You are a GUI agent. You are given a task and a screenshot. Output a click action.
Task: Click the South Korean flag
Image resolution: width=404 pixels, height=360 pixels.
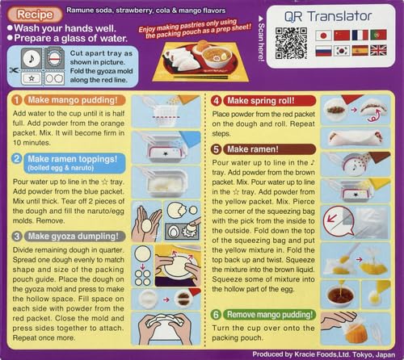tap(341, 50)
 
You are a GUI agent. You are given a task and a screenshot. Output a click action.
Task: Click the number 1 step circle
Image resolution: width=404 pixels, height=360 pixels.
tap(17, 99)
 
